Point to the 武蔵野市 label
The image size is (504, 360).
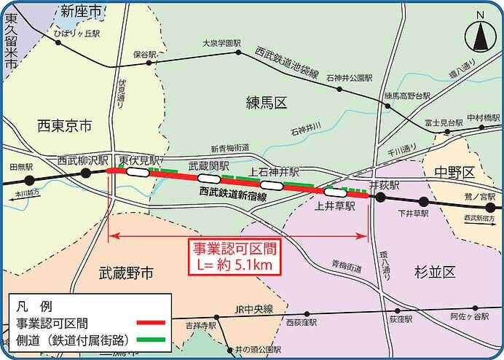click(x=127, y=273)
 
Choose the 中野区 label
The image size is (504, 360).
click(x=458, y=172)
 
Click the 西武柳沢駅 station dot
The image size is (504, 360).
click(x=85, y=172)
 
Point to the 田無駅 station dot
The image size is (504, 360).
click(x=29, y=179)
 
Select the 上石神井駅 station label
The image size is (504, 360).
click(x=275, y=173)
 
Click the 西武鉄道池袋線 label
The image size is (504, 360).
click(x=287, y=63)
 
